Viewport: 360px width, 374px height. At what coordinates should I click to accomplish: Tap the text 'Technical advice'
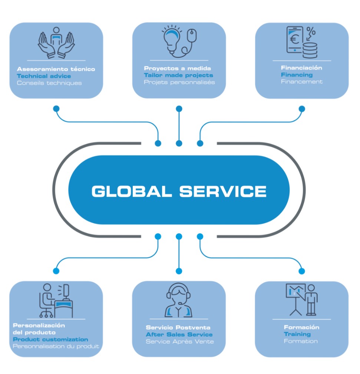pos(44,76)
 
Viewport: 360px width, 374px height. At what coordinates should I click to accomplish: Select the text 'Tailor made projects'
pos(178,75)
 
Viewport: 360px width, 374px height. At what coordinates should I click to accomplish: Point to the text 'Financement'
pos(302,82)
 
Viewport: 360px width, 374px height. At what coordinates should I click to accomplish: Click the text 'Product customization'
pos(51,339)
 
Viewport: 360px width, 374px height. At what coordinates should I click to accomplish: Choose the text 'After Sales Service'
pos(179,334)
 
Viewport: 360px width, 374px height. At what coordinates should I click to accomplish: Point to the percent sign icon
pos(311,32)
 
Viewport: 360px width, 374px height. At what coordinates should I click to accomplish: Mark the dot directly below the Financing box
pos(302,109)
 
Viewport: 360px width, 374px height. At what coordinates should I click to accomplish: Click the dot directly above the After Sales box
pos(179,271)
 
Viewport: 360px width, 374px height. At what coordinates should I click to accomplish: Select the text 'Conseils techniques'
pos(49,83)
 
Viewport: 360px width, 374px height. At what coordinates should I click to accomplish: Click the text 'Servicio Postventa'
pos(178,327)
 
